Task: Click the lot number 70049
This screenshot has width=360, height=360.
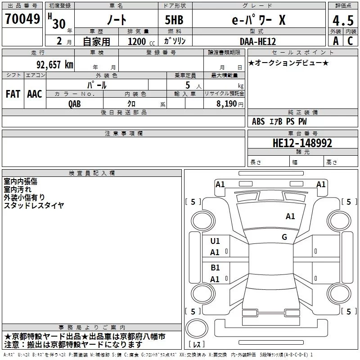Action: [x=22, y=18]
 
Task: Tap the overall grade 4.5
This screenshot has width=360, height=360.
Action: [x=343, y=20]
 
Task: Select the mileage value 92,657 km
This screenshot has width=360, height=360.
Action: [x=55, y=64]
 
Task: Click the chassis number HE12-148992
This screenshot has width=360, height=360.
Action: [x=302, y=143]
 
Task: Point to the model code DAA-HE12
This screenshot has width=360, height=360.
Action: [x=257, y=41]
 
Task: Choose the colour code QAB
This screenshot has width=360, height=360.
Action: [x=75, y=104]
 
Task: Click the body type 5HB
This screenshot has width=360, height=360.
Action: [x=174, y=20]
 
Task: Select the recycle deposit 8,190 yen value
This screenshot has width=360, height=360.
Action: [x=229, y=104]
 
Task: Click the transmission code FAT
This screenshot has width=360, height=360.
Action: [x=13, y=94]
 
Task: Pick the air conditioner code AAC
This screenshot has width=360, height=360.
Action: [x=35, y=94]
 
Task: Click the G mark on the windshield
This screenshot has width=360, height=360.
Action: [x=284, y=237]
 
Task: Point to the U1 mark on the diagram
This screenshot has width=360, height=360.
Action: [x=215, y=241]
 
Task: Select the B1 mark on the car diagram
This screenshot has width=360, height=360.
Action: [x=215, y=267]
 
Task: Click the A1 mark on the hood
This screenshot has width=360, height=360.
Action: [x=290, y=216]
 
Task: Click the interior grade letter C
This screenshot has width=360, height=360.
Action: [x=350, y=41]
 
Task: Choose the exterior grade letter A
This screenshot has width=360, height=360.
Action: [x=336, y=41]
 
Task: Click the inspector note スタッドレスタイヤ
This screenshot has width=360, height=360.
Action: [x=34, y=205]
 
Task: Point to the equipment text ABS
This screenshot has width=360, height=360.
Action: [x=258, y=121]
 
